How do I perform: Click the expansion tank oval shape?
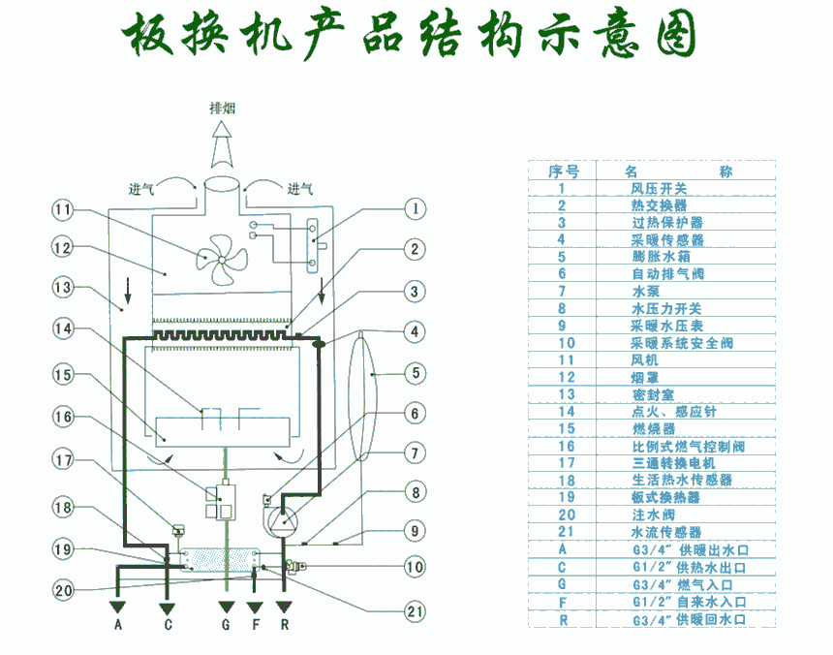[360, 397]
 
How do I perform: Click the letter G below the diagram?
[226, 625]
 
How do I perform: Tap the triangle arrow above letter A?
[118, 607]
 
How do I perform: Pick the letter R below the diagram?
[285, 625]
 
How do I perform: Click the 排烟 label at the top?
[224, 108]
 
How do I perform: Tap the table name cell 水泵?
[646, 292]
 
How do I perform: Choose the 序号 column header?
[564, 172]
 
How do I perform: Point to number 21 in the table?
[567, 532]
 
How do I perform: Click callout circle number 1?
[414, 207]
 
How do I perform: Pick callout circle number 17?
[64, 460]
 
